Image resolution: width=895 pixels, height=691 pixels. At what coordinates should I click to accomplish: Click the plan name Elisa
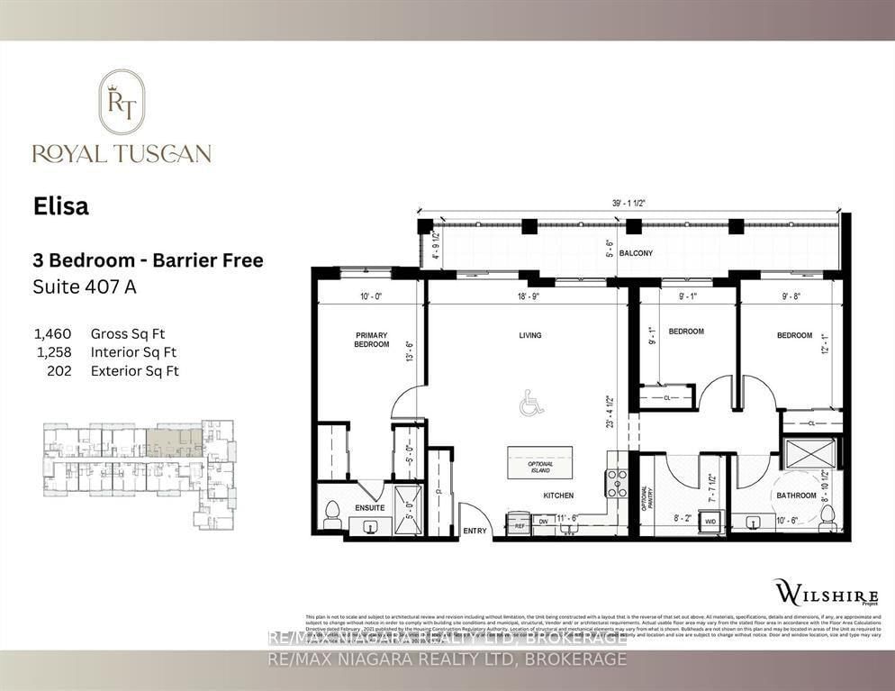point(62,206)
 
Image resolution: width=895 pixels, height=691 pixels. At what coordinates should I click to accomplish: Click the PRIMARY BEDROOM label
point(371,340)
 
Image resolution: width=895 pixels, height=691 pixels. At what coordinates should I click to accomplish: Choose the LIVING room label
point(530,336)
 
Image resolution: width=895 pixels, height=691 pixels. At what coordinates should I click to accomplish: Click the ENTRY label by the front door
point(475,531)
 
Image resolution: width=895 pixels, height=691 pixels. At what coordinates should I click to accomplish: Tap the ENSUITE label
point(369,508)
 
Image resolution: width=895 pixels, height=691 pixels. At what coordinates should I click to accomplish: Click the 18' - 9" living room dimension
point(530,295)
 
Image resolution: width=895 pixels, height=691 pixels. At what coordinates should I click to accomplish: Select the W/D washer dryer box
point(710,521)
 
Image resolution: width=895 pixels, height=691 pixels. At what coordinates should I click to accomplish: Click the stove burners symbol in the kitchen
point(617,484)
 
